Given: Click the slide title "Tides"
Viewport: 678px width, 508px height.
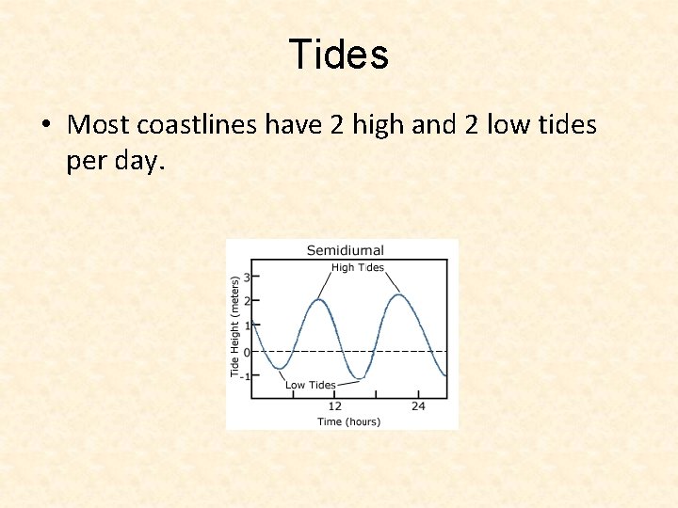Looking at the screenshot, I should pyautogui.click(x=338, y=55).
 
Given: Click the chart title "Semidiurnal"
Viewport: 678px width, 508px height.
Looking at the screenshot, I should pyautogui.click(x=346, y=250).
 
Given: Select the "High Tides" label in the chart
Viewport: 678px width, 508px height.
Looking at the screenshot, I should pyautogui.click(x=358, y=267).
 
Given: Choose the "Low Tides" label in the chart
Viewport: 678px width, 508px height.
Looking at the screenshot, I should pyautogui.click(x=310, y=385).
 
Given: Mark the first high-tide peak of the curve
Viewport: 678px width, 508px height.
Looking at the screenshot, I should pyautogui.click(x=320, y=300).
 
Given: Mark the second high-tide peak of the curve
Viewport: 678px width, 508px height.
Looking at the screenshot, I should pyautogui.click(x=399, y=295).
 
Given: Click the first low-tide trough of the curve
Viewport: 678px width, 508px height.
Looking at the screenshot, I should pyautogui.click(x=278, y=368).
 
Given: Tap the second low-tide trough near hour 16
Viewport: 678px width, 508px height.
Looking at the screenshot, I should pyautogui.click(x=358, y=379).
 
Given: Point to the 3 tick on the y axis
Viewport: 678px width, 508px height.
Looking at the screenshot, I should pyautogui.click(x=246, y=277).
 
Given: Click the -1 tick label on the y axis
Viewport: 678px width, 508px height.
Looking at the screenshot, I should pyautogui.click(x=244, y=376).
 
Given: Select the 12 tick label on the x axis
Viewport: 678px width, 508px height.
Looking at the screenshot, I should pyautogui.click(x=334, y=406).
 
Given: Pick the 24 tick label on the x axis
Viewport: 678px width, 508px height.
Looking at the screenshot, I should pyautogui.click(x=418, y=406).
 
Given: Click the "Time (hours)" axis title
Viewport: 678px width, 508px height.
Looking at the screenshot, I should pyautogui.click(x=348, y=421).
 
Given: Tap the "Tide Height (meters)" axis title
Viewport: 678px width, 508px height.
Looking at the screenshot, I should pyautogui.click(x=234, y=325).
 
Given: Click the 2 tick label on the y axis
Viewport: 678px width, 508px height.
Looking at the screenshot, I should pyautogui.click(x=246, y=301).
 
